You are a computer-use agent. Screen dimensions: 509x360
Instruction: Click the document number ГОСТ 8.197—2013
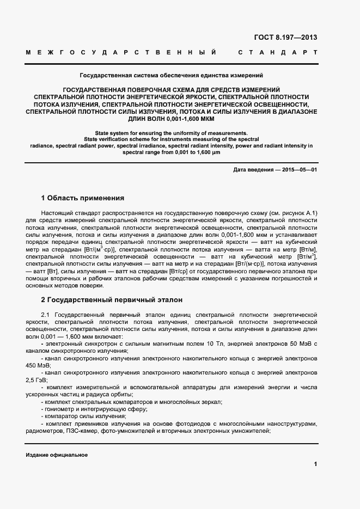(285, 38)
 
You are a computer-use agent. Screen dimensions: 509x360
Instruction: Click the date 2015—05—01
(299, 170)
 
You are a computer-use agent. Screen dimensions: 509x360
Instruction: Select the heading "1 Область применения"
(83, 198)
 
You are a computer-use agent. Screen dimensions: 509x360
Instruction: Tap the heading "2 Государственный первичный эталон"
(112, 299)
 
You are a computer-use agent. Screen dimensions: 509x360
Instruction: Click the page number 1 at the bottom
(315, 464)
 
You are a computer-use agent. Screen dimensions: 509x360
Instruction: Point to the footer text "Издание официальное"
(57, 455)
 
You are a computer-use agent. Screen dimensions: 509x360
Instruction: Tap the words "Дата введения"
(253, 170)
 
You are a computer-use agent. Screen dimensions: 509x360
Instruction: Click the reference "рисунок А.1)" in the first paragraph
(297, 212)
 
